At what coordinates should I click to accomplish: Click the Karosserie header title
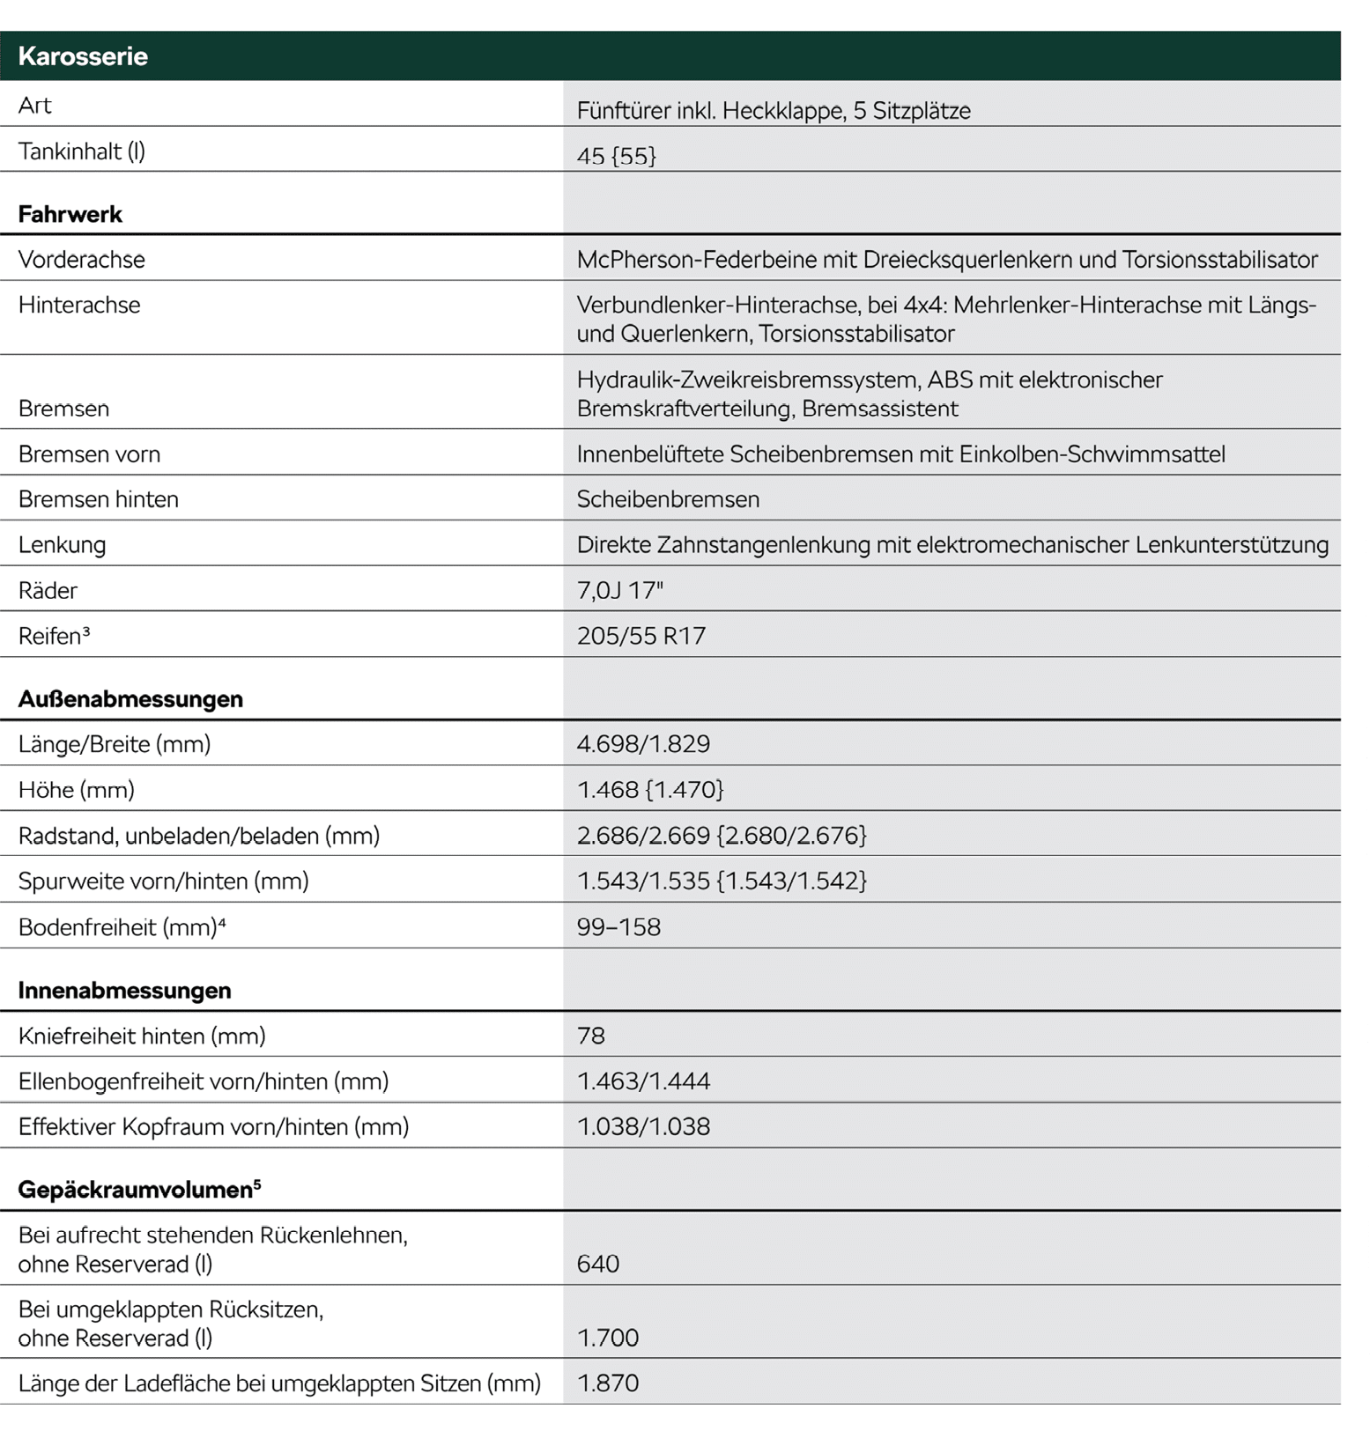(83, 56)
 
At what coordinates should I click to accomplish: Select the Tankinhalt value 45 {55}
(616, 156)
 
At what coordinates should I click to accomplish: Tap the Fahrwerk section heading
(70, 214)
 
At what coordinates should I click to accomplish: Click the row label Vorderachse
(81, 260)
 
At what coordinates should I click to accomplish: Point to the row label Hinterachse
(79, 306)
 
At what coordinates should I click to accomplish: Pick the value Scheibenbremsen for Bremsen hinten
(668, 499)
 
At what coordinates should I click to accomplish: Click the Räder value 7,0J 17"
(619, 590)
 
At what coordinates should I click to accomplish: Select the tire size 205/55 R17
(641, 636)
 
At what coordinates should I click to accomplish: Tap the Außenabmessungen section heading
(130, 699)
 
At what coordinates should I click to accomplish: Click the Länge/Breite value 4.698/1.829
(643, 744)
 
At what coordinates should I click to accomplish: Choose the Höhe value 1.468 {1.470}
(650, 790)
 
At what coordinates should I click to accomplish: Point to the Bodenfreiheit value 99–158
(618, 927)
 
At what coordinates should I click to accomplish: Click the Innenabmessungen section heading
(124, 991)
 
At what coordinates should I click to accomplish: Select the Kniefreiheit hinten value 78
(591, 1036)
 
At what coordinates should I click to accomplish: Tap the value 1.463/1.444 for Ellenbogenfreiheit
(643, 1081)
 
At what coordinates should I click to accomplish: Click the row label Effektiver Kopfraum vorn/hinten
(213, 1127)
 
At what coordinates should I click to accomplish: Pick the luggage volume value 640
(598, 1264)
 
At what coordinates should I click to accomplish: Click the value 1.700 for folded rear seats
(608, 1338)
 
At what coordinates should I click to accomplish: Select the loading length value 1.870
(608, 1383)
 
